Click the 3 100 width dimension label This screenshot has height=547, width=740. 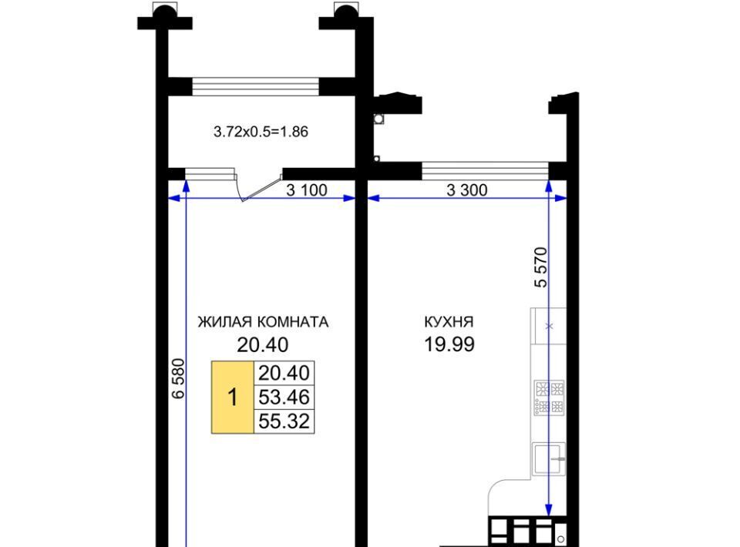coord(307,190)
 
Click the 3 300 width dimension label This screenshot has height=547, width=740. coord(467,190)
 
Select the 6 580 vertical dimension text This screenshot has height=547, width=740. coord(178,378)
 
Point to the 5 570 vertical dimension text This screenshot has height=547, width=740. coord(541,267)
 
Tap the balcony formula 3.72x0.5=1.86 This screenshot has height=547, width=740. coord(261,132)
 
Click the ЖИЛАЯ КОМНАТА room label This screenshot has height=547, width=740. coord(263,322)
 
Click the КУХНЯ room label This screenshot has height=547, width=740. coord(449,322)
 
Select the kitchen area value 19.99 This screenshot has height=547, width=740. coord(449,344)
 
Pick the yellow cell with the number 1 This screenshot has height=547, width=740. coord(233,397)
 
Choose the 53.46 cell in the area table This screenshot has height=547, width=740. coord(284,397)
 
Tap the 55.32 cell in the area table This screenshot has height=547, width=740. coord(284,421)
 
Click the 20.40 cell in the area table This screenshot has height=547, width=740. coord(284,373)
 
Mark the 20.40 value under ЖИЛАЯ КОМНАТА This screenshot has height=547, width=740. coord(262,345)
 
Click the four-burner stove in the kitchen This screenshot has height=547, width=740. coord(550,398)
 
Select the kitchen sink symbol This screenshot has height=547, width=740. coord(549,459)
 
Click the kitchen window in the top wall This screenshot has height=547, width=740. coord(485,171)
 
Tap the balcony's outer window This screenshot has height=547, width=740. coord(255,87)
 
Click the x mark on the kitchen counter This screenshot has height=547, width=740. coord(549,326)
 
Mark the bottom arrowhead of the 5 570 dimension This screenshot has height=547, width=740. coord(548,510)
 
